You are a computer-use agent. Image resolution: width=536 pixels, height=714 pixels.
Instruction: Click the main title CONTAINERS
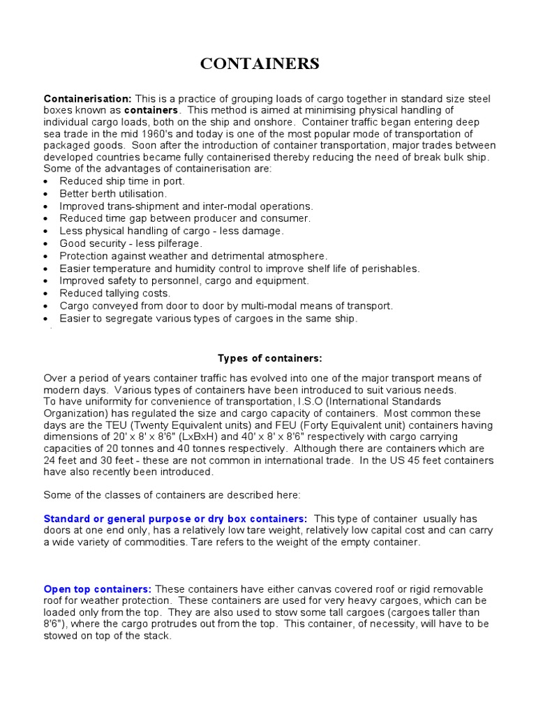click(260, 64)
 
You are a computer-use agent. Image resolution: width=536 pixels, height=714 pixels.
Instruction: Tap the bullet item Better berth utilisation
click(113, 193)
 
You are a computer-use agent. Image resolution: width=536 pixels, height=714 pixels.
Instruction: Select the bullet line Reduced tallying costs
click(114, 294)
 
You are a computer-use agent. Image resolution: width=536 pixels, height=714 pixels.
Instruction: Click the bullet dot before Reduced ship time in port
click(46, 181)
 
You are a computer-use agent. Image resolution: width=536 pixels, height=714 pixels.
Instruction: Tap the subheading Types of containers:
click(269, 358)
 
